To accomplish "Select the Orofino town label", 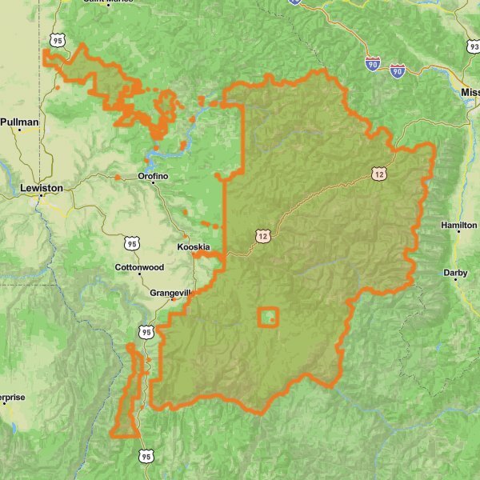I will click(153, 175).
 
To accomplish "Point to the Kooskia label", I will click(194, 248).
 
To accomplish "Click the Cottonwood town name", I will click(139, 266).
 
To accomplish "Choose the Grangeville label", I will click(171, 293).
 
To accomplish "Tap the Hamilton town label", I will click(458, 226).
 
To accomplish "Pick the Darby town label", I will click(455, 273).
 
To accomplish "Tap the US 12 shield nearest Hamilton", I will click(379, 173).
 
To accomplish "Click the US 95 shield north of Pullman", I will click(56, 38).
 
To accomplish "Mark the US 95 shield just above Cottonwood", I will click(132, 242).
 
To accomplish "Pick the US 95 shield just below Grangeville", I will click(146, 331).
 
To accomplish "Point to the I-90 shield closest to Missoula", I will click(398, 71).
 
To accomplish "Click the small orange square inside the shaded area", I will click(268, 318).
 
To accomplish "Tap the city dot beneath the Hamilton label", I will click(458, 233).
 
